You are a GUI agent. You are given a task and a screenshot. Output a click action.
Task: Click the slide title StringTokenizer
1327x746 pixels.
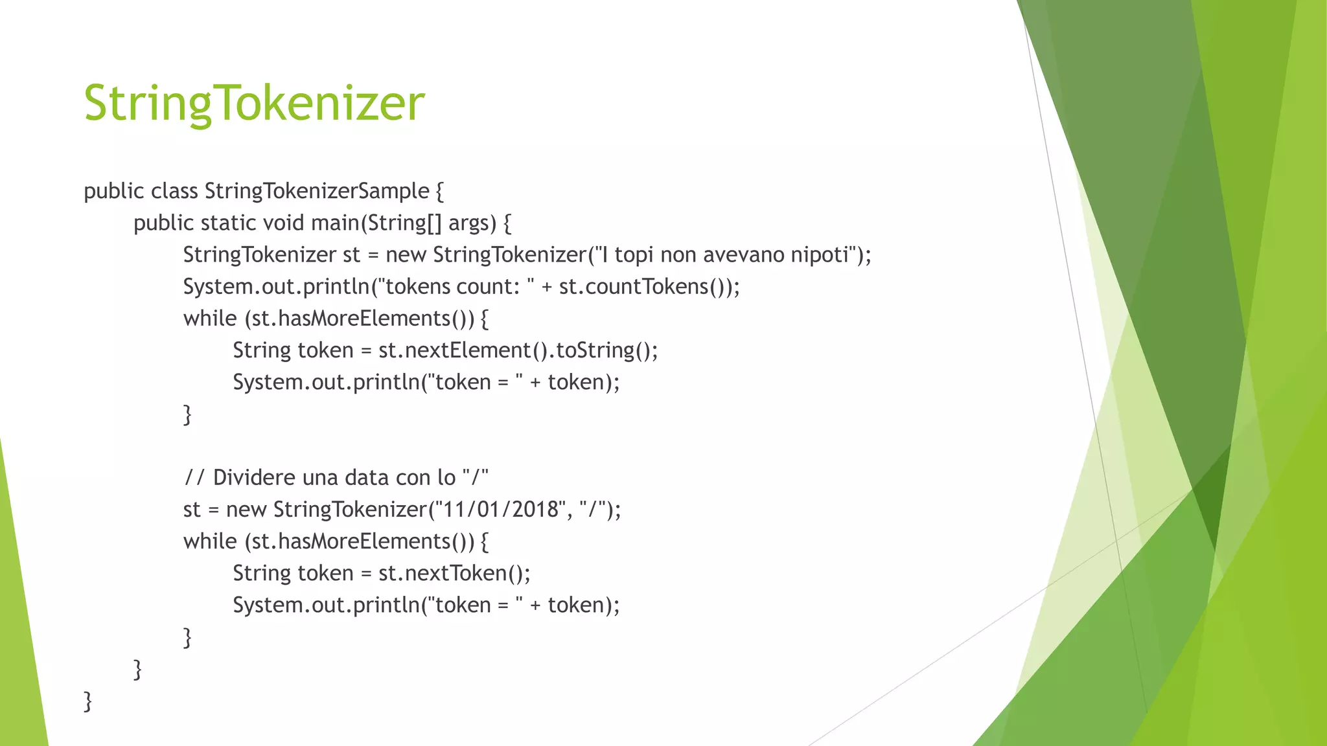point(254,103)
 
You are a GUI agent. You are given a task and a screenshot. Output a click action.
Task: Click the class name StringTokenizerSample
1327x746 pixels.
point(317,191)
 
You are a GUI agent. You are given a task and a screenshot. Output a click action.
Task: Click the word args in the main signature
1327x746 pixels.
point(468,223)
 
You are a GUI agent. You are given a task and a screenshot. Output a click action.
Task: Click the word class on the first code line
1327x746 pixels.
point(174,191)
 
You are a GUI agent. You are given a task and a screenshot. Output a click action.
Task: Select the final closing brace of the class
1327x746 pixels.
point(88,701)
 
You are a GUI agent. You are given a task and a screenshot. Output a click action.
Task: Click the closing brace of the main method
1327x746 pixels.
point(137,669)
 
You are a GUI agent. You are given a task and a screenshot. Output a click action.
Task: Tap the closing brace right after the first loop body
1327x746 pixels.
point(187,414)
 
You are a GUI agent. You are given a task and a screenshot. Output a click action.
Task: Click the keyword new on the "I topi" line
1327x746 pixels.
point(406,254)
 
